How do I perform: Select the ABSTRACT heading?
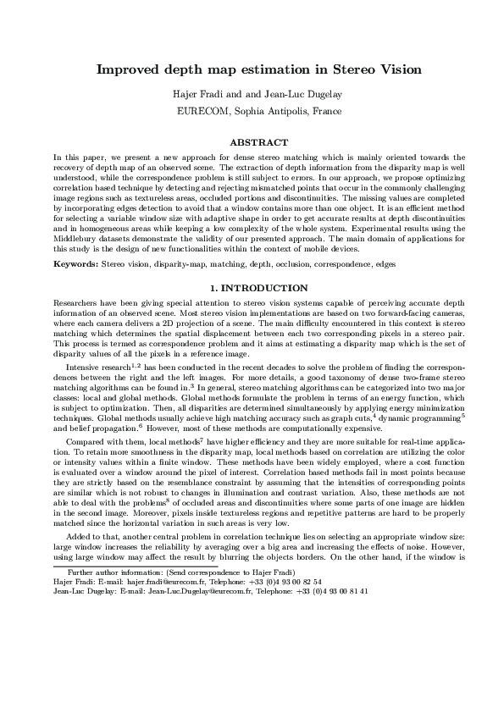(x=252, y=142)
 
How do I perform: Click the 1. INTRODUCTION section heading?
(x=252, y=289)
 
